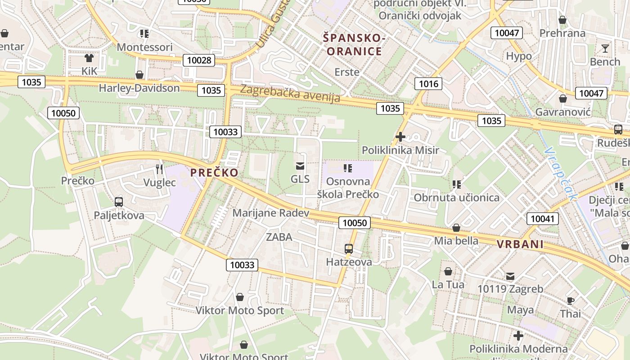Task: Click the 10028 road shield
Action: click(198, 60)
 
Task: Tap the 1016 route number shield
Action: click(428, 83)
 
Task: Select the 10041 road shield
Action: click(543, 219)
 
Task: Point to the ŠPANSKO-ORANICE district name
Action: click(354, 45)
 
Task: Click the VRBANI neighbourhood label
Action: click(520, 244)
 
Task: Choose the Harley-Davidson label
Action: click(139, 88)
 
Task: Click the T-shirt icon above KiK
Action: click(89, 58)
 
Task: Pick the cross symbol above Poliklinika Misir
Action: click(400, 137)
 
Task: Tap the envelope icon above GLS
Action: click(300, 166)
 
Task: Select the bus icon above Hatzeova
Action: click(349, 248)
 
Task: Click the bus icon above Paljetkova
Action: click(119, 202)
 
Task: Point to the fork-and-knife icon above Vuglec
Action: click(159, 169)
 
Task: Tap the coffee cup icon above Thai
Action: click(571, 301)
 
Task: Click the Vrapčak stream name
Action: click(560, 173)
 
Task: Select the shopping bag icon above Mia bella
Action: click(456, 228)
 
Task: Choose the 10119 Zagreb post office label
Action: click(510, 289)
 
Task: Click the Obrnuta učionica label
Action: click(456, 198)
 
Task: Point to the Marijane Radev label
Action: click(271, 213)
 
